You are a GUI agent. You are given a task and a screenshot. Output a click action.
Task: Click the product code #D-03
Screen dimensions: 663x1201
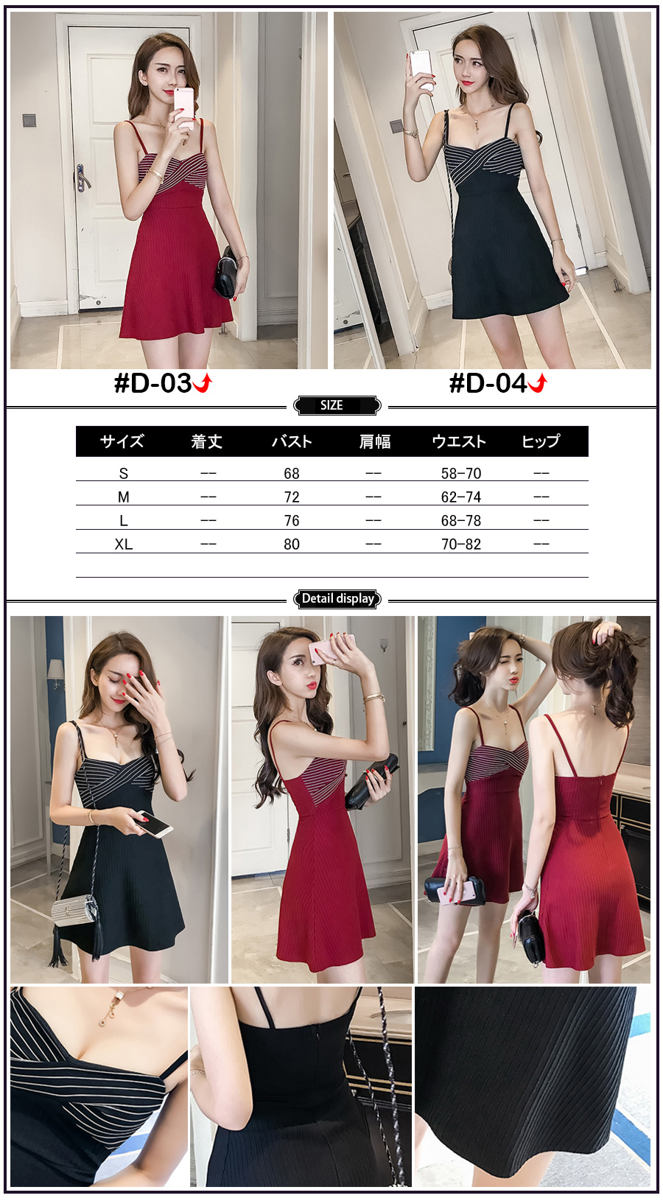152,383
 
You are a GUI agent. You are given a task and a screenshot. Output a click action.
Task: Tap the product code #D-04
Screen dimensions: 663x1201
488,383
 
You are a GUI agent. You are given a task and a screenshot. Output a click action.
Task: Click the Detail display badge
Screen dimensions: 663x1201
337,598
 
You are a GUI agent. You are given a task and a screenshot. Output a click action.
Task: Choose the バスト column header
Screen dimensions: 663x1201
292,441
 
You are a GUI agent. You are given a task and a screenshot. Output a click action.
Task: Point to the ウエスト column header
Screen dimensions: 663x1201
460,441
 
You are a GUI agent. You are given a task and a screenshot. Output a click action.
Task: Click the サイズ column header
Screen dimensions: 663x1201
122,441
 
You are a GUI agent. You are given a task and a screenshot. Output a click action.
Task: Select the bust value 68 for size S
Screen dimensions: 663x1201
292,474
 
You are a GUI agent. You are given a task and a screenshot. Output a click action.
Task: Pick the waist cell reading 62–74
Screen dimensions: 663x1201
461,497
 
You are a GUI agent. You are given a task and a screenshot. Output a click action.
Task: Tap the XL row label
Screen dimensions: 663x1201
123,545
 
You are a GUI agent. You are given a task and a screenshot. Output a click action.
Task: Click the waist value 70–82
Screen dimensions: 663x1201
461,545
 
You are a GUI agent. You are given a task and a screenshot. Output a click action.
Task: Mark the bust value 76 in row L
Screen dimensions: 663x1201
292,521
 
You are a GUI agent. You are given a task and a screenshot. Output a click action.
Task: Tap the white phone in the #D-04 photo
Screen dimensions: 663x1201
422,69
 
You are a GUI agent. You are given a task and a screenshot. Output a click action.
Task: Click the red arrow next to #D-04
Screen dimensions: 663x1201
538,383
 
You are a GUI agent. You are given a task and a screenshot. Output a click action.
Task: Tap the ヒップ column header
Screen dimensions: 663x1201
541,441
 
